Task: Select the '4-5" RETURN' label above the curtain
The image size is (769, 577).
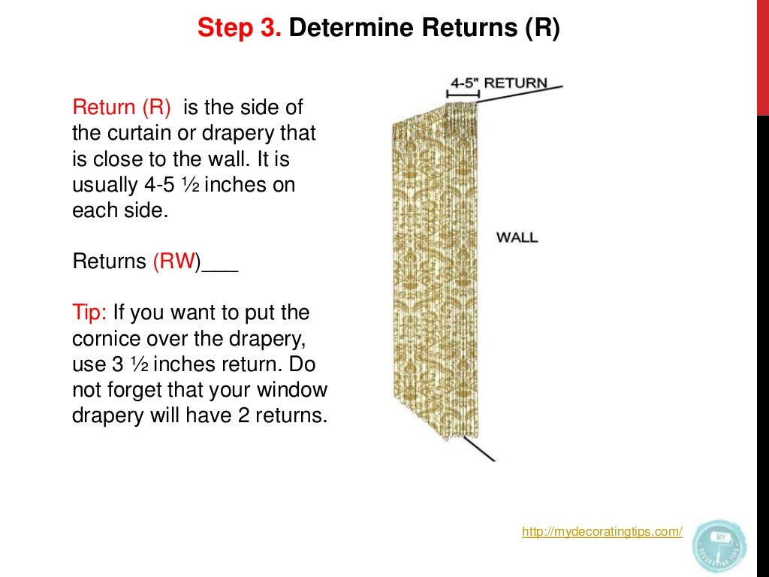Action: pos(498,82)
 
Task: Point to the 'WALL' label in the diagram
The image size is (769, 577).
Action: pos(517,237)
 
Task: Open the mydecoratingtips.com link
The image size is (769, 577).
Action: pos(602,532)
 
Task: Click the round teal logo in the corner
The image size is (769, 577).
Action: pos(719,545)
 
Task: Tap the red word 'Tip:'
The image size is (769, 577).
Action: pos(90,313)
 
